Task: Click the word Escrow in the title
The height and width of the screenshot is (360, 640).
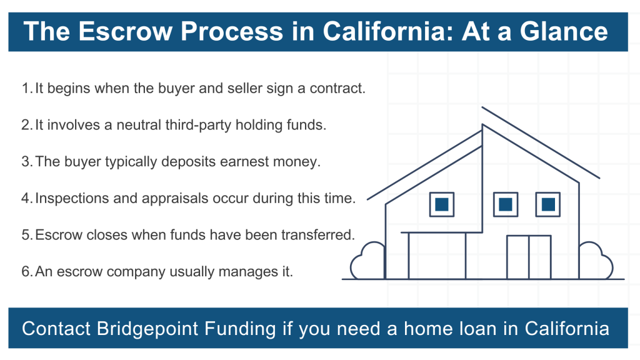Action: [x=126, y=31]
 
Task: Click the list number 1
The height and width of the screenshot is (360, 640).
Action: [x=26, y=88]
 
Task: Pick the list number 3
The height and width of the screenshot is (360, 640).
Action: [x=26, y=162]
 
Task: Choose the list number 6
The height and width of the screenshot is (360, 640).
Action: [x=26, y=272]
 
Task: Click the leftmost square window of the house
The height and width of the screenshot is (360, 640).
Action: [x=442, y=204]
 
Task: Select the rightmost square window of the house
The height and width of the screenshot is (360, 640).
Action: [x=547, y=204]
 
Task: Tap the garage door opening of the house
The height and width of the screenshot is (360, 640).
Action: [x=437, y=256]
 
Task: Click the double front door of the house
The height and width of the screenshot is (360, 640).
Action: [x=529, y=257]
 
